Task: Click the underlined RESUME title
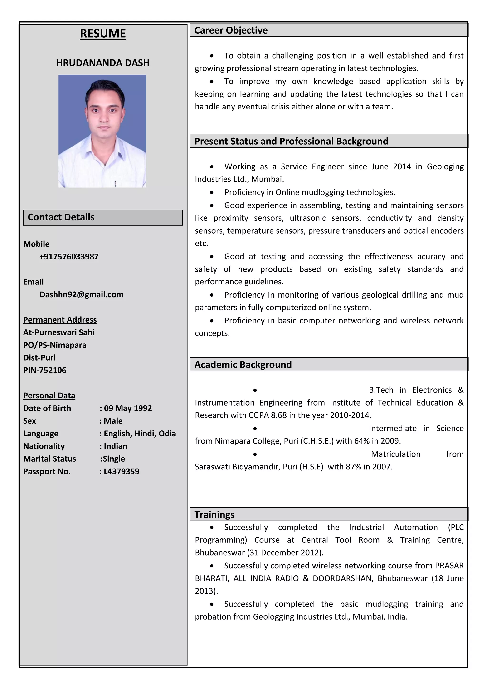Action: click(103, 34)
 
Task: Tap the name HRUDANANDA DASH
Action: click(103, 63)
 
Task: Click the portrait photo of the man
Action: click(102, 131)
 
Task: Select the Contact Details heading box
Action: click(103, 218)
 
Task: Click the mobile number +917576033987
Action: click(69, 257)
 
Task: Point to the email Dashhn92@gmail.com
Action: click(81, 295)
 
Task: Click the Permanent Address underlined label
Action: click(60, 320)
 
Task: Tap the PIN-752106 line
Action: click(45, 370)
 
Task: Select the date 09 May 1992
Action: click(128, 408)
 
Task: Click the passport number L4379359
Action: click(121, 472)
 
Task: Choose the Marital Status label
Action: click(49, 459)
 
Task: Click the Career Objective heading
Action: click(231, 30)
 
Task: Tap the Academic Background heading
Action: click(243, 365)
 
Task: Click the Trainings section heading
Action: click(214, 515)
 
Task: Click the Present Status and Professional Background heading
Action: click(291, 141)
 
